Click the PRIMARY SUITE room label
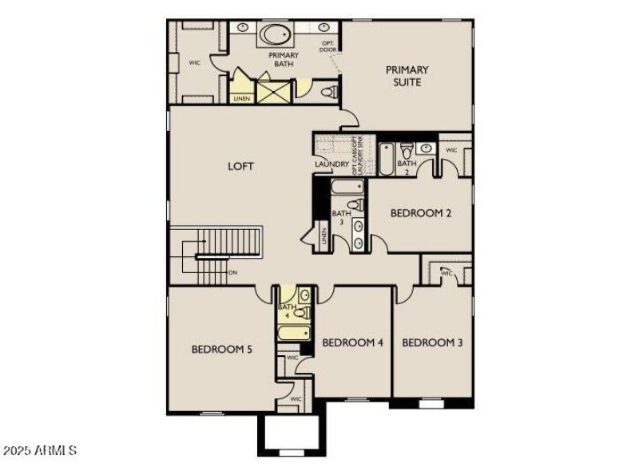pyautogui.click(x=407, y=76)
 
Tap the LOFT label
pyautogui.click(x=240, y=166)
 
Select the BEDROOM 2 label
pyautogui.click(x=421, y=213)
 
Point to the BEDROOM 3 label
pyautogui.click(x=432, y=342)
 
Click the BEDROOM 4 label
pyautogui.click(x=352, y=342)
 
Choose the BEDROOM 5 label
pyautogui.click(x=222, y=349)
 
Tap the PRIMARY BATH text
pyautogui.click(x=284, y=60)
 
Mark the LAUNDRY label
pyautogui.click(x=331, y=165)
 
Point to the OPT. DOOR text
pyautogui.click(x=328, y=46)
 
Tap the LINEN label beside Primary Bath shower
pyautogui.click(x=241, y=98)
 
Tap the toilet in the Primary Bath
pyautogui.click(x=327, y=93)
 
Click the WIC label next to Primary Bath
pyautogui.click(x=194, y=61)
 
